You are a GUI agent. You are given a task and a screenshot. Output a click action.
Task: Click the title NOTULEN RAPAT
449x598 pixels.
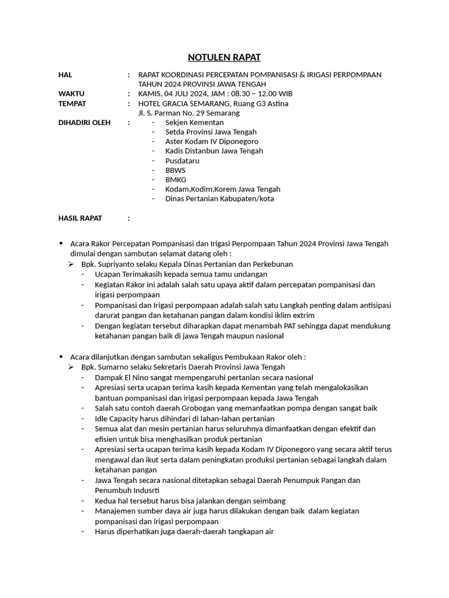tap(224, 57)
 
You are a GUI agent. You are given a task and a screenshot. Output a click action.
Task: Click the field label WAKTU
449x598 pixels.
tap(71, 94)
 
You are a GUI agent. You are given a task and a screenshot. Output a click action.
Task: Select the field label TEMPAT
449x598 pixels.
tap(72, 103)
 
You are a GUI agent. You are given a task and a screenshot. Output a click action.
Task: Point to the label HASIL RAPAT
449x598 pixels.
tap(80, 218)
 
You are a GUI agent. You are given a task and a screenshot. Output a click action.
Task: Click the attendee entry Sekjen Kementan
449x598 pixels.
tap(194, 123)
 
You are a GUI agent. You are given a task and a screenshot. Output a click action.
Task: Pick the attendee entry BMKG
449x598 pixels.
tap(175, 179)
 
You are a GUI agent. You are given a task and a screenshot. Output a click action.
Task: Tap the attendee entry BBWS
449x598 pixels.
tap(175, 170)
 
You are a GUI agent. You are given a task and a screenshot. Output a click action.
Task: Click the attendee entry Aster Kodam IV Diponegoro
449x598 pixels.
tap(212, 141)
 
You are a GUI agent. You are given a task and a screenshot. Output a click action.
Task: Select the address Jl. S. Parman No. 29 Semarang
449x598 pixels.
tap(189, 113)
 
